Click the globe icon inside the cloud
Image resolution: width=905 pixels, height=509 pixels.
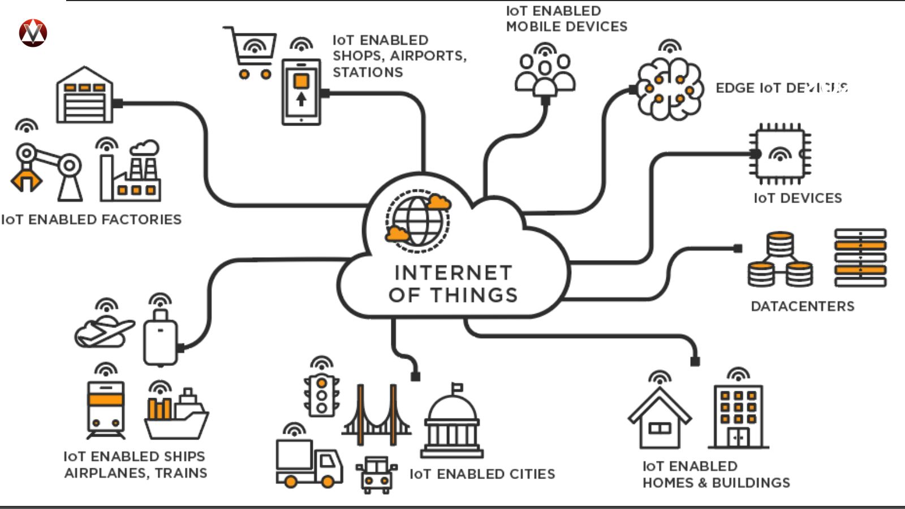(x=417, y=220)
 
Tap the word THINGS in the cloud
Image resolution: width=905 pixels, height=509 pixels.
(x=474, y=295)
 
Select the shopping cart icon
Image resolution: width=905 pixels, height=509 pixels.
(x=250, y=52)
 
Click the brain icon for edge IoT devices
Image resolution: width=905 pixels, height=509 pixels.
(x=670, y=88)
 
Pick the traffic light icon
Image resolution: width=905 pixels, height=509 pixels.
(x=321, y=395)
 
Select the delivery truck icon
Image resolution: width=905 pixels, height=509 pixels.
(x=309, y=462)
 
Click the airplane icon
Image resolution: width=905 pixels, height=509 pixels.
(x=105, y=333)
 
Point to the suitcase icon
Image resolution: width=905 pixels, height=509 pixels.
(x=160, y=338)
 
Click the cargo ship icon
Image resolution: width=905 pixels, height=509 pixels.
(x=176, y=416)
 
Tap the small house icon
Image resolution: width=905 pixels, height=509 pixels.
(x=660, y=419)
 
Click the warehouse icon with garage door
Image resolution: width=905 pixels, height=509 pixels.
(x=85, y=96)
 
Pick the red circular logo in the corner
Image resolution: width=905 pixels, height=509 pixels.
(x=33, y=33)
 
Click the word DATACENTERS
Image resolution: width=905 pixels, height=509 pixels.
(x=802, y=307)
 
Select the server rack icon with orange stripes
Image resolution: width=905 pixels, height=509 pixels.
(x=860, y=257)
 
